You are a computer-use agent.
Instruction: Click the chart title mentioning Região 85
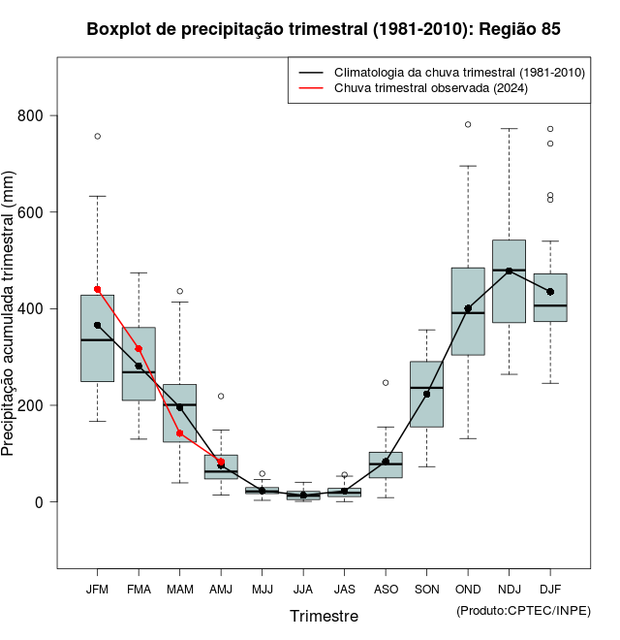(x=324, y=29)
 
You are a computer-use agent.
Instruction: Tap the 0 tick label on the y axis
(x=40, y=502)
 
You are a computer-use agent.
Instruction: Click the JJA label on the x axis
(x=303, y=589)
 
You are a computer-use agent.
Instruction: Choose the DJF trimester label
(x=550, y=589)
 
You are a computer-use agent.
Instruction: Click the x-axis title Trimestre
(x=324, y=616)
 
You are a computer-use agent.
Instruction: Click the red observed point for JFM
(x=98, y=289)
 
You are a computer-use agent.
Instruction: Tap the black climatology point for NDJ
(x=509, y=271)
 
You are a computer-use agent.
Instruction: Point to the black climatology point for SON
(x=426, y=394)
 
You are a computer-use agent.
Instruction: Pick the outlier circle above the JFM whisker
(x=98, y=136)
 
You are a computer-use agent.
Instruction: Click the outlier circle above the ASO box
(x=386, y=382)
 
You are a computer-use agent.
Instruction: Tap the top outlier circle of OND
(x=468, y=124)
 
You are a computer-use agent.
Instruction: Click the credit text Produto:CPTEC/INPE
(x=523, y=610)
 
